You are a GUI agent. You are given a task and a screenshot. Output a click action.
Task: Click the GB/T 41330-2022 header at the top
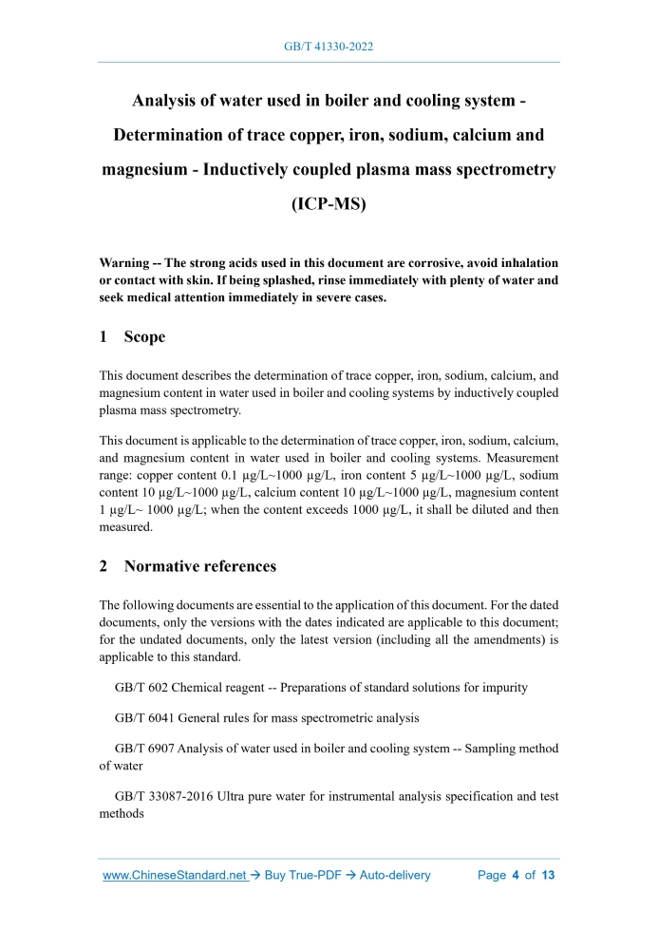click(x=329, y=45)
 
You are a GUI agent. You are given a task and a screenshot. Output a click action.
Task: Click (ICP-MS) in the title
click(x=329, y=203)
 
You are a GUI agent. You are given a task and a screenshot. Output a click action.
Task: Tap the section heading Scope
click(x=144, y=337)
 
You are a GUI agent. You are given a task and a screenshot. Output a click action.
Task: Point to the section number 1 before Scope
click(x=104, y=337)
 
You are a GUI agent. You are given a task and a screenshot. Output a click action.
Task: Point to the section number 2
click(x=104, y=566)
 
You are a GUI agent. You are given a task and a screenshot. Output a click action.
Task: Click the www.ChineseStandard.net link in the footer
click(x=174, y=875)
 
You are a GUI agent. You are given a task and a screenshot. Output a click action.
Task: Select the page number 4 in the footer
click(x=516, y=875)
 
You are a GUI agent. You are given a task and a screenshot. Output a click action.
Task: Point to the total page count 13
click(x=548, y=875)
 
